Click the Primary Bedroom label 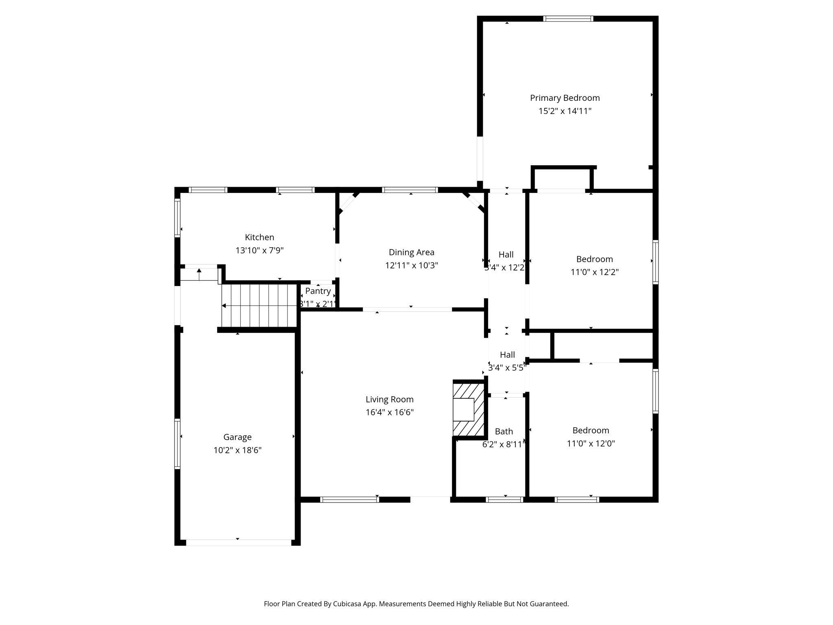(x=565, y=98)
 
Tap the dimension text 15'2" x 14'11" (x=565, y=111)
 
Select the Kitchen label (x=259, y=237)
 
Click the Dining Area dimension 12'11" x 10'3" (x=411, y=266)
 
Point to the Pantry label (x=318, y=291)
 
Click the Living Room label (x=389, y=400)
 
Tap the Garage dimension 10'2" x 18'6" (x=237, y=450)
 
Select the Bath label (x=504, y=431)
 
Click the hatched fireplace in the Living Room (x=469, y=409)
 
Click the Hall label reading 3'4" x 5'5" (x=507, y=368)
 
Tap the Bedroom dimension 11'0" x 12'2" (x=594, y=272)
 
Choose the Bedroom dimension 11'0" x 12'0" (x=591, y=444)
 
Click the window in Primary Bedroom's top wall (x=568, y=19)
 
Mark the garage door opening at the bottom (x=239, y=542)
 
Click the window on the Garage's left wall (x=177, y=444)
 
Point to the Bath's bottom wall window (x=504, y=500)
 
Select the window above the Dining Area (x=410, y=190)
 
